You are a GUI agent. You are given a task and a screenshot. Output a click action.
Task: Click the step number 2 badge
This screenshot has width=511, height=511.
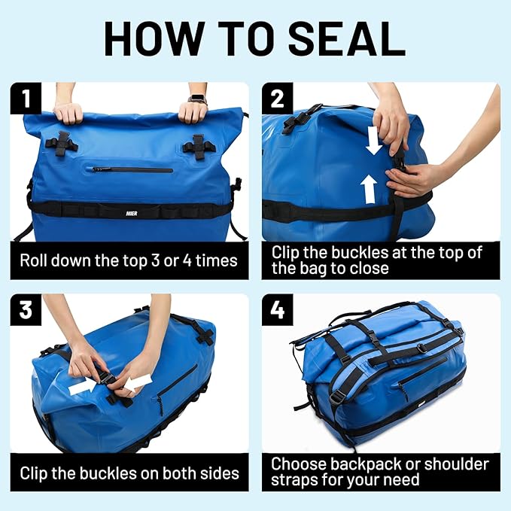pos(277,99)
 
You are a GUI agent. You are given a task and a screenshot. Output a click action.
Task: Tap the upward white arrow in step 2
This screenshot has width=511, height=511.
pos(369,189)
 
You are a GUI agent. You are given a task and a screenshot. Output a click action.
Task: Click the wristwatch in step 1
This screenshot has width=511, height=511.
pos(197,99)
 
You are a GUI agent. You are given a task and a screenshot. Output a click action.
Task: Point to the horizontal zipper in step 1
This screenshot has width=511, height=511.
pos(132,169)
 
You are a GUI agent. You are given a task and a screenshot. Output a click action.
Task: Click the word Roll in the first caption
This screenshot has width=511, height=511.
pos(36,261)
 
